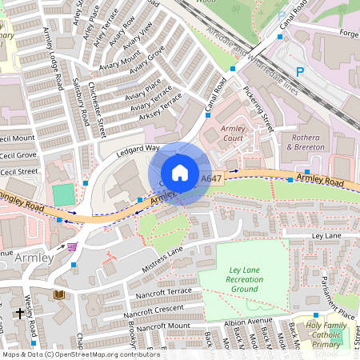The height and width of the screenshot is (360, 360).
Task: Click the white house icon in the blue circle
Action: pos(180,173)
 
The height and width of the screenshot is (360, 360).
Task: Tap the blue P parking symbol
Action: pos(300,71)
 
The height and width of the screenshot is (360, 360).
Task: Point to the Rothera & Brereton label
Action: pos(305,142)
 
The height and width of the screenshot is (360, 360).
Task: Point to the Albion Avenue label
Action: pos(248,322)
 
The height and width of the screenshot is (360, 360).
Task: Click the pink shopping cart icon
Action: pos(73,246)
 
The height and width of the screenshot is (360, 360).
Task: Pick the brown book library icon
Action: pos(58,295)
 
